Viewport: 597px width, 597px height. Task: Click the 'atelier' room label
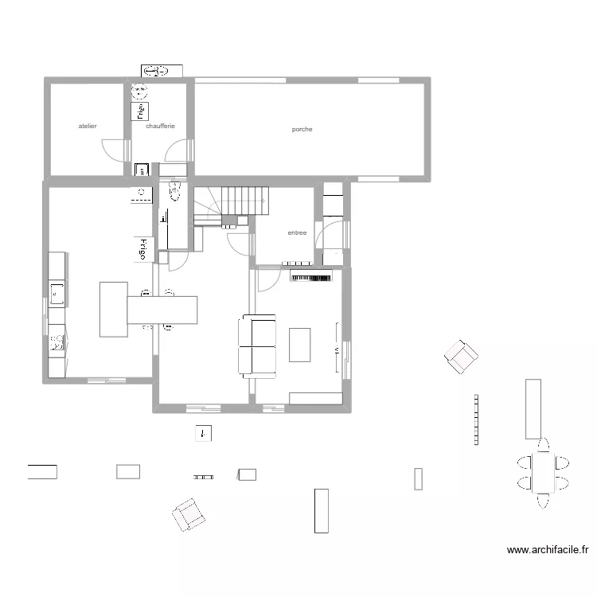pyautogui.click(x=88, y=126)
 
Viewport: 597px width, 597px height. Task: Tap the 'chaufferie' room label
pyautogui.click(x=160, y=126)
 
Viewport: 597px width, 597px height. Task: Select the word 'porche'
pyautogui.click(x=302, y=129)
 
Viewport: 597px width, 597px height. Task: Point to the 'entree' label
pyautogui.click(x=297, y=233)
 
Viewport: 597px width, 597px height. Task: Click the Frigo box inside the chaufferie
pyautogui.click(x=140, y=111)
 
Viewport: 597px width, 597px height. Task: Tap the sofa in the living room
pyautogui.click(x=257, y=345)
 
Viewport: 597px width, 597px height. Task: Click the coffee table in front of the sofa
pyautogui.click(x=300, y=345)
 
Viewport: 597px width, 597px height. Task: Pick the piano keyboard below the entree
pyautogui.click(x=310, y=278)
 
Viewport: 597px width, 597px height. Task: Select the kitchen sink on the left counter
pyautogui.click(x=57, y=294)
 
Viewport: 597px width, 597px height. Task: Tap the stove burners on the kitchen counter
pyautogui.click(x=57, y=343)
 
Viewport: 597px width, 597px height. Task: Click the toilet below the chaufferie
pyautogui.click(x=174, y=190)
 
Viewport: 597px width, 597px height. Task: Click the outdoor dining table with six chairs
pyautogui.click(x=544, y=473)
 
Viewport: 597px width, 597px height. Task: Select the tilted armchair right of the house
pyautogui.click(x=462, y=356)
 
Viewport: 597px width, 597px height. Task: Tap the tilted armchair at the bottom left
pyautogui.click(x=189, y=514)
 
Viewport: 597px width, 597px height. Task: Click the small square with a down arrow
pyautogui.click(x=205, y=434)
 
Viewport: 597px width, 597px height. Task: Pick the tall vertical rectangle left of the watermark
pyautogui.click(x=322, y=510)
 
